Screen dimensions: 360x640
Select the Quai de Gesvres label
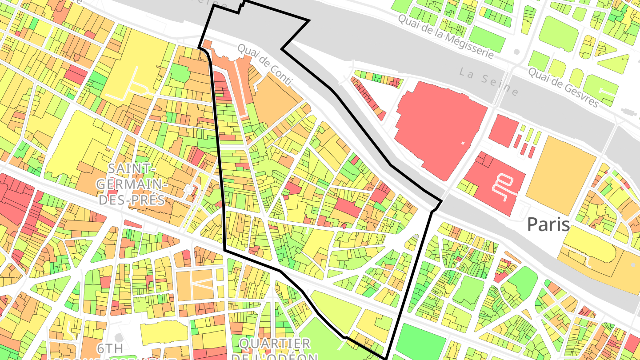tap(563, 87)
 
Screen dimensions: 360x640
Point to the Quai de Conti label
tap(265, 64)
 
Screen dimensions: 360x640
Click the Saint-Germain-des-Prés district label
tap(131, 184)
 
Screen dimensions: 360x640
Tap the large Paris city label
tap(548, 224)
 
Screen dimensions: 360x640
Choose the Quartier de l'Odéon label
tap(275, 349)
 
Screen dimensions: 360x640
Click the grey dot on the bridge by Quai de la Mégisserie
tap(516, 52)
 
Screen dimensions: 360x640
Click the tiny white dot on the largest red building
tap(463, 143)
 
